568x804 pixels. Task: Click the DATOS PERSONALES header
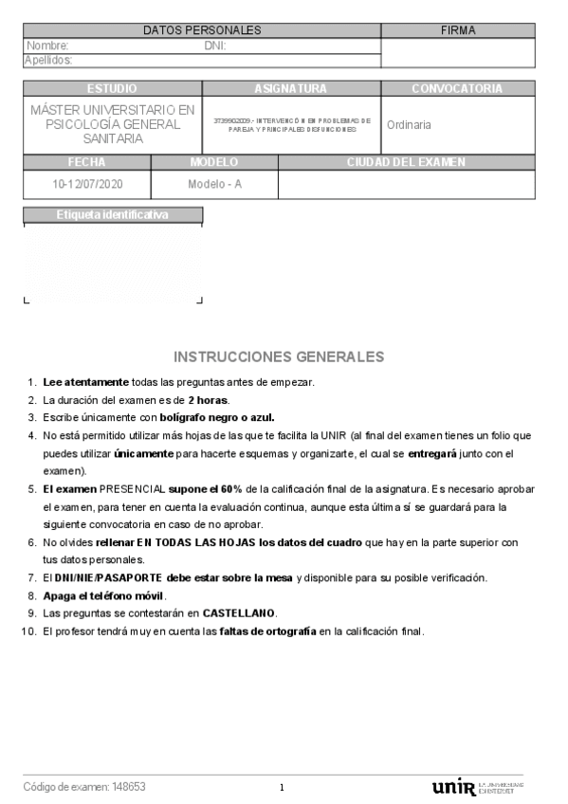(202, 30)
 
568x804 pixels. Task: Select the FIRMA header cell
(458, 30)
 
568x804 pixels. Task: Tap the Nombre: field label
(47, 46)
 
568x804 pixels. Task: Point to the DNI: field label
(215, 46)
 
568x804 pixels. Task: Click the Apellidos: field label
(48, 61)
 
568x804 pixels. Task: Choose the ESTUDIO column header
(112, 88)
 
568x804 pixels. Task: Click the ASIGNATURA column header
(291, 88)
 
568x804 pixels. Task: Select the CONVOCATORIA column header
(457, 88)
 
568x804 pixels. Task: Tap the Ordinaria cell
(410, 124)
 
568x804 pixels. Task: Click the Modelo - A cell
(214, 184)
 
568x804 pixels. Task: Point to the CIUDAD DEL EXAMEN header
(406, 162)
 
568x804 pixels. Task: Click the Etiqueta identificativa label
(112, 215)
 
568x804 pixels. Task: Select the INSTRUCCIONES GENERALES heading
(279, 357)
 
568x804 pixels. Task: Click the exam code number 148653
(129, 787)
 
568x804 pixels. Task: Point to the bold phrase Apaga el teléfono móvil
(103, 595)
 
